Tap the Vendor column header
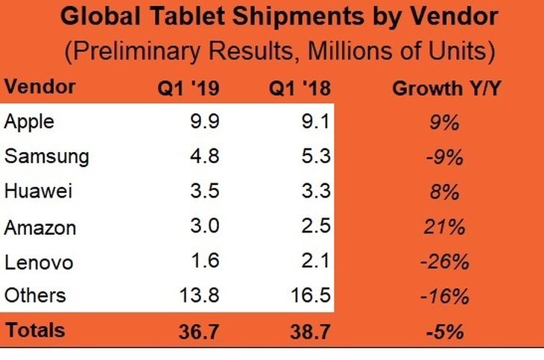pos(40,86)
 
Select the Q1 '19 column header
pos(189,88)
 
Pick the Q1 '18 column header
pos(300,88)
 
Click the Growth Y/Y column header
pos(446,88)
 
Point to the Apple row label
pos(29,122)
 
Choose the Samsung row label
pos(47,157)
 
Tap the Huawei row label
pos(39,191)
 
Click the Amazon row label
pos(40,228)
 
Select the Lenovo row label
pos(39,262)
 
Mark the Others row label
pos(35,295)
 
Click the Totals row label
pos(35,329)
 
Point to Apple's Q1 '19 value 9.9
pos(205,121)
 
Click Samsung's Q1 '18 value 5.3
pos(316,156)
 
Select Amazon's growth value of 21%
pos(444,227)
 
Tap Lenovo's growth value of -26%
pos(445,262)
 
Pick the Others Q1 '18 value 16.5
pos(311,295)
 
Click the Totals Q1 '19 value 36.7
pos(199,331)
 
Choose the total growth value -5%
pos(445,331)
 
